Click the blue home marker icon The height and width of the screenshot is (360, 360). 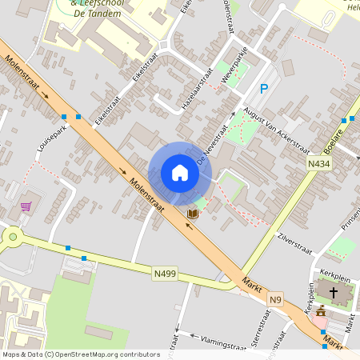tap(180, 173)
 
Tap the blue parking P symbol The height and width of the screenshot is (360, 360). tap(263, 90)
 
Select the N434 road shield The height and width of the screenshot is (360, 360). tap(318, 163)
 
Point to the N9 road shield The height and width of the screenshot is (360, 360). tap(276, 299)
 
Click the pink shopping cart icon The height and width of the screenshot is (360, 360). tap(26, 206)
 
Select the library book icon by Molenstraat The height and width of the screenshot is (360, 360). tap(192, 214)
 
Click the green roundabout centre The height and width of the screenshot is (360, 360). tap(12, 235)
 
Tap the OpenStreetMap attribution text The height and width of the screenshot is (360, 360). tap(80, 354)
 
